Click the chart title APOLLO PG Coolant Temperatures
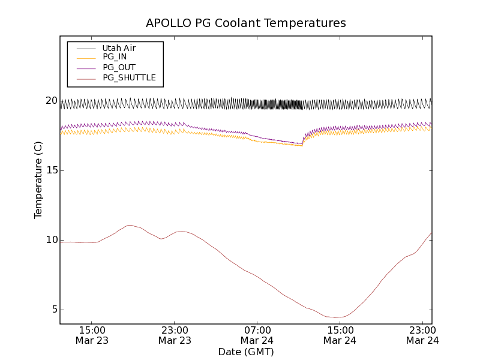pyautogui.click(x=246, y=23)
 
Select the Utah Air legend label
pyautogui.click(x=119, y=48)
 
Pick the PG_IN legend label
pyautogui.click(x=115, y=57)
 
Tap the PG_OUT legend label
pyautogui.click(x=119, y=67)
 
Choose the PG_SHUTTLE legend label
pyautogui.click(x=129, y=77)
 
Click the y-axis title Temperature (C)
pyautogui.click(x=38, y=180)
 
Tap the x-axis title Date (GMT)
pyautogui.click(x=246, y=352)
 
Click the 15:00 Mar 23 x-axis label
pyautogui.click(x=92, y=335)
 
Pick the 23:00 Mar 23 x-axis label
pyautogui.click(x=175, y=335)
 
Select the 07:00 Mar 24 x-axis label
pyautogui.click(x=257, y=335)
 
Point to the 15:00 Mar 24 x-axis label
pyautogui.click(x=340, y=335)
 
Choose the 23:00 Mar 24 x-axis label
pyautogui.click(x=422, y=335)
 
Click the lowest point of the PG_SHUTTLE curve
pyautogui.click(x=335, y=317)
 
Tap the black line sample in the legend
pyautogui.click(x=86, y=48)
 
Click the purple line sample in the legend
pyautogui.click(x=86, y=67)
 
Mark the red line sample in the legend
pyautogui.click(x=86, y=77)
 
